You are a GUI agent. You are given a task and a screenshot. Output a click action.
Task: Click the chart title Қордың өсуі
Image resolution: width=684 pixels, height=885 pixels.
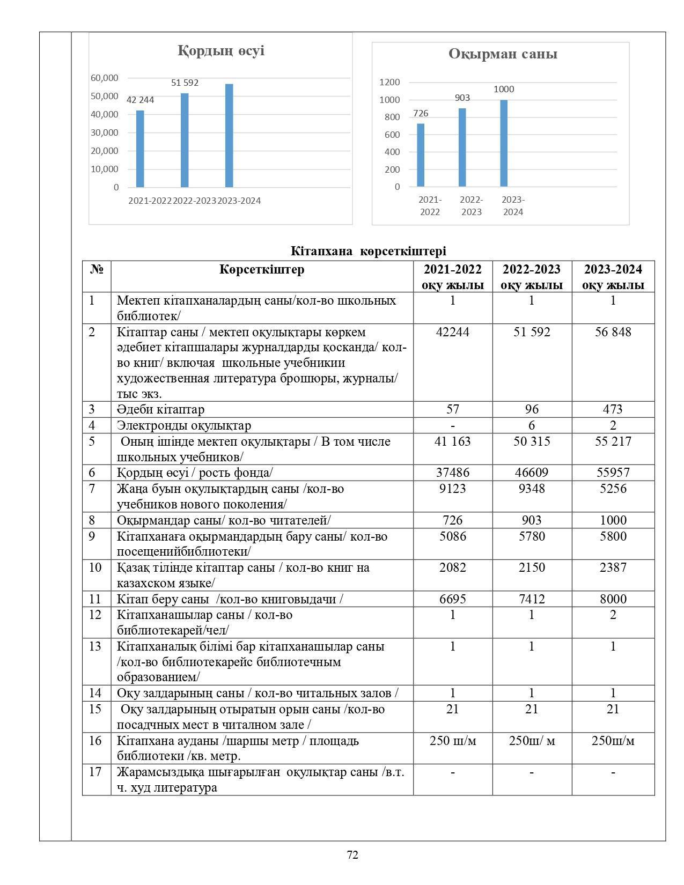[x=221, y=51]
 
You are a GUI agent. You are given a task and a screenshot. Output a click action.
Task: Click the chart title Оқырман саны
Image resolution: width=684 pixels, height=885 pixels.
[x=503, y=54]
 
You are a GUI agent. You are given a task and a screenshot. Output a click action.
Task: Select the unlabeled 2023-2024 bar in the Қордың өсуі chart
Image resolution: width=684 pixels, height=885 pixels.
[x=229, y=135]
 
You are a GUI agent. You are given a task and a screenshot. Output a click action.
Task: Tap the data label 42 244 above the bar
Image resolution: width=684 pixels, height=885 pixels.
[x=140, y=100]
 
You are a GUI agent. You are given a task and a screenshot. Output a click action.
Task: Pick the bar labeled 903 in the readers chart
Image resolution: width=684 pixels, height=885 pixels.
[x=462, y=147]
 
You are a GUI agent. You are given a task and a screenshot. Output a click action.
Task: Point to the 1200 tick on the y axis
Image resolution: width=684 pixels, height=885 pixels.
[x=389, y=82]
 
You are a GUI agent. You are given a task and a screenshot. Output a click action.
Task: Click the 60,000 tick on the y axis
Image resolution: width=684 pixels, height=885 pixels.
[x=105, y=78]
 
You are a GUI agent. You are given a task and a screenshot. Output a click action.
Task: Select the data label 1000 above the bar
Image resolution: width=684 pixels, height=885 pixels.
[x=504, y=89]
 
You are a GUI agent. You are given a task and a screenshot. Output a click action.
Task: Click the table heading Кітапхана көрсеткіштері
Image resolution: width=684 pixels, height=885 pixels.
[x=369, y=251]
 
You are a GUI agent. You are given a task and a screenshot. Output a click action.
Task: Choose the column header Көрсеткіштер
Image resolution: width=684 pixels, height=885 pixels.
[x=262, y=269]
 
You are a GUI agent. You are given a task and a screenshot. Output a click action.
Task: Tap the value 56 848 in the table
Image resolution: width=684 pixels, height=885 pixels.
[x=613, y=332]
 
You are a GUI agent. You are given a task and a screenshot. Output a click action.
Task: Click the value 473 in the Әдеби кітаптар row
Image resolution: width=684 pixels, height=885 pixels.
[x=613, y=409]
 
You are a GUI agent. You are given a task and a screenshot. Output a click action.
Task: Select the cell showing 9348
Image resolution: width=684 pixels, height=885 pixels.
[x=532, y=489]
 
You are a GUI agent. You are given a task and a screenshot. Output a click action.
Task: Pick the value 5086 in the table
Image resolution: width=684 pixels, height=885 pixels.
[x=452, y=536]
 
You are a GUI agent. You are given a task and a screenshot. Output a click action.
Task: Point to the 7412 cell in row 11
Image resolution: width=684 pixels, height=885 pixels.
[x=532, y=599]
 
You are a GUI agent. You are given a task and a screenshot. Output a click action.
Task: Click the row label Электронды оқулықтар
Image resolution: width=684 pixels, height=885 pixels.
[x=184, y=425]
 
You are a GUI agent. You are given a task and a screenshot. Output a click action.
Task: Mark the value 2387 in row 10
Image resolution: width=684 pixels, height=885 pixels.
[x=613, y=567]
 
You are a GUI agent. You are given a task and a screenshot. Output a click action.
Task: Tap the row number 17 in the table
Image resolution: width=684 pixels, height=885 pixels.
[x=95, y=772]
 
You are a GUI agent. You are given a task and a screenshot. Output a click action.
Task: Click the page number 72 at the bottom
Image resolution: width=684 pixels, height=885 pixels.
[x=352, y=855]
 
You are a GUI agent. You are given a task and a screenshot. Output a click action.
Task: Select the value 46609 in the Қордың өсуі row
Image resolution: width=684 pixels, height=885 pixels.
[x=532, y=473]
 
